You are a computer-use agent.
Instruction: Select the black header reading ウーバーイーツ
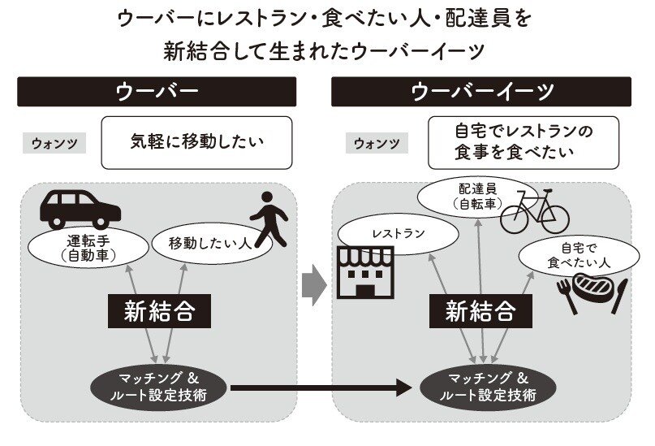click(x=480, y=91)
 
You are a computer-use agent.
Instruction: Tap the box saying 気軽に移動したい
click(x=197, y=143)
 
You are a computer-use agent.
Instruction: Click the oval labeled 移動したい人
click(x=205, y=242)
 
